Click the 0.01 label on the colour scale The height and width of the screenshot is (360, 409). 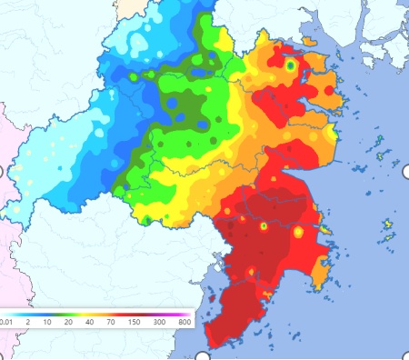click(6, 321)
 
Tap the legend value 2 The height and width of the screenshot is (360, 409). click(29, 321)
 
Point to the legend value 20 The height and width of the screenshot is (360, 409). click(69, 321)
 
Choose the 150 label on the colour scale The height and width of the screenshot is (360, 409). click(135, 321)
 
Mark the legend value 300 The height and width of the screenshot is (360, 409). click(159, 321)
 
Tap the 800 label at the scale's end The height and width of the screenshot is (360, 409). click(184, 321)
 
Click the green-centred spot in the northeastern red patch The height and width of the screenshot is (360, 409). click(290, 65)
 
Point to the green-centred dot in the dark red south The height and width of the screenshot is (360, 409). click(263, 225)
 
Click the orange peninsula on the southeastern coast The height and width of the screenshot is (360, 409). click(318, 268)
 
